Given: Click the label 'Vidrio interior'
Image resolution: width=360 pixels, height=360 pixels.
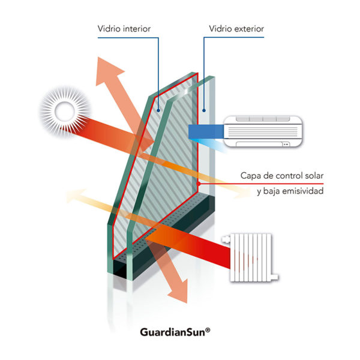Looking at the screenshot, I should pos(124,29).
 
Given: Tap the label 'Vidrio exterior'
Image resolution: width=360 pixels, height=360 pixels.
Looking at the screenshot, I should pos(236,29).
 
